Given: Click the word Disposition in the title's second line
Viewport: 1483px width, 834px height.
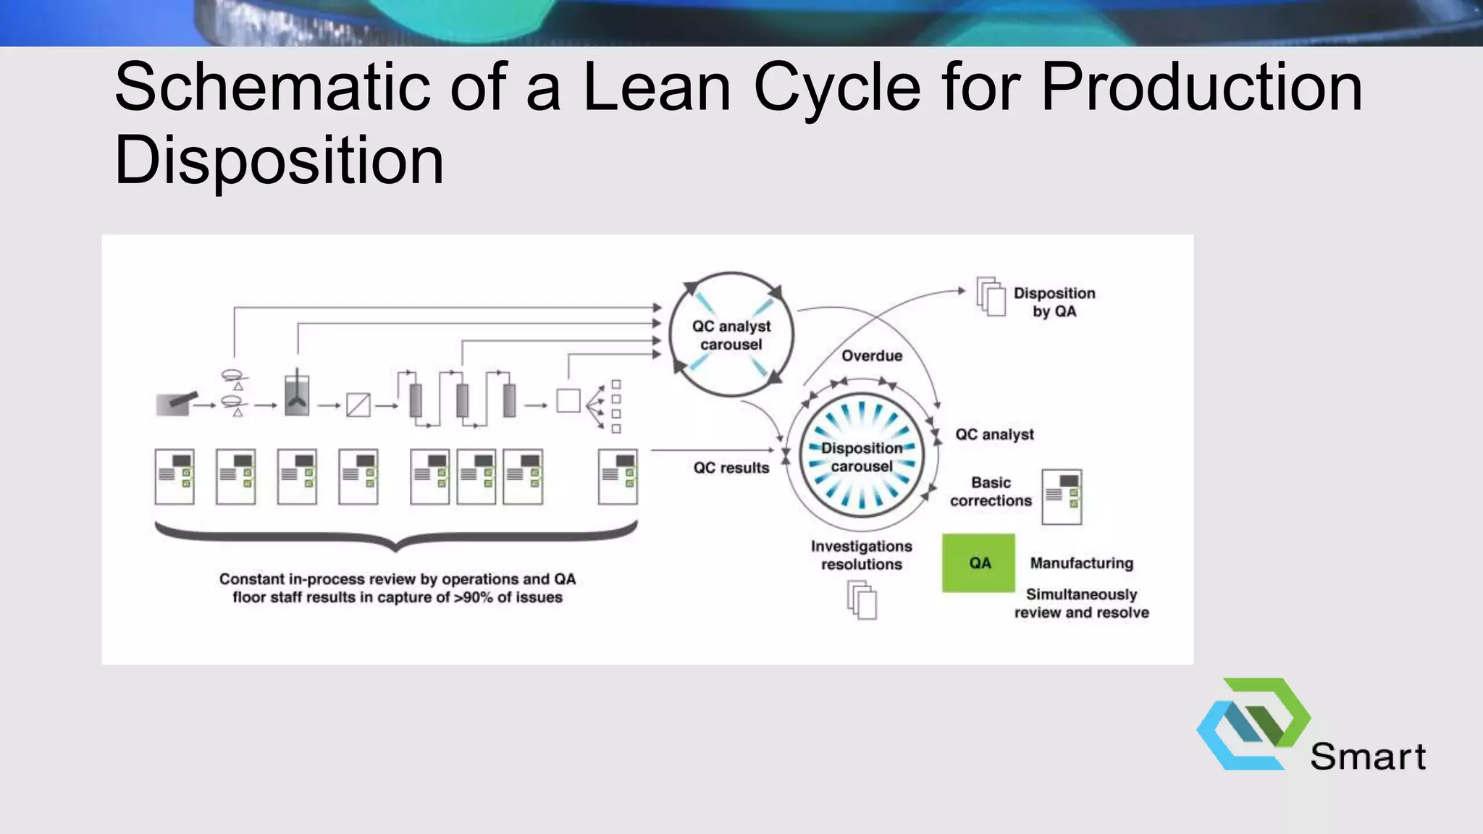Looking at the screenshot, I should (279, 160).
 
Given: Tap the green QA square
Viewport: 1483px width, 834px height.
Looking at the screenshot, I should (978, 563).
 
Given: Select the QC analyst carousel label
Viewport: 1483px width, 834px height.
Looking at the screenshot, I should (731, 335).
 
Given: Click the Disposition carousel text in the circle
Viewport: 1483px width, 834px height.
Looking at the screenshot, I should (862, 457).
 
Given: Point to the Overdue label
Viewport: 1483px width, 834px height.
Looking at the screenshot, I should (872, 355).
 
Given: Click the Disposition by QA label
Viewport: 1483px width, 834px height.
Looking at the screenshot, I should (1054, 302).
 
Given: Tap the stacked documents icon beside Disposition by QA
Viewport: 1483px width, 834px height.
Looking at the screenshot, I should (991, 296).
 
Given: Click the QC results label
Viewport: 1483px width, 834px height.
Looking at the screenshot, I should (731, 468).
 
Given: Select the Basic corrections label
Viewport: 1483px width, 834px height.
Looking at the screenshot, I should (991, 492).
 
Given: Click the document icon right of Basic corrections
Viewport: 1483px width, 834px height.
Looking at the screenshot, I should (1062, 497).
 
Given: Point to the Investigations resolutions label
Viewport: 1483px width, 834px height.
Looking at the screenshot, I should (862, 555).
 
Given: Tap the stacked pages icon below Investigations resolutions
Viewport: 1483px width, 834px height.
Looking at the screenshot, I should (862, 602).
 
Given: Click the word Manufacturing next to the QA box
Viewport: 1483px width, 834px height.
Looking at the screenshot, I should (1082, 563).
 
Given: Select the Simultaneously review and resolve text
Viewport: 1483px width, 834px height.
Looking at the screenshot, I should (1082, 603).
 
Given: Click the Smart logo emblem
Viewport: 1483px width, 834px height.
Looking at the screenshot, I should (1253, 724).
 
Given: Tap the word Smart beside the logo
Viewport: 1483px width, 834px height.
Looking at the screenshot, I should (1368, 757).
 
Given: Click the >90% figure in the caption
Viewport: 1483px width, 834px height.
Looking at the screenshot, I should (474, 597).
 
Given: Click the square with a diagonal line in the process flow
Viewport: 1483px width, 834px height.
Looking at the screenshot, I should (358, 405).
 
